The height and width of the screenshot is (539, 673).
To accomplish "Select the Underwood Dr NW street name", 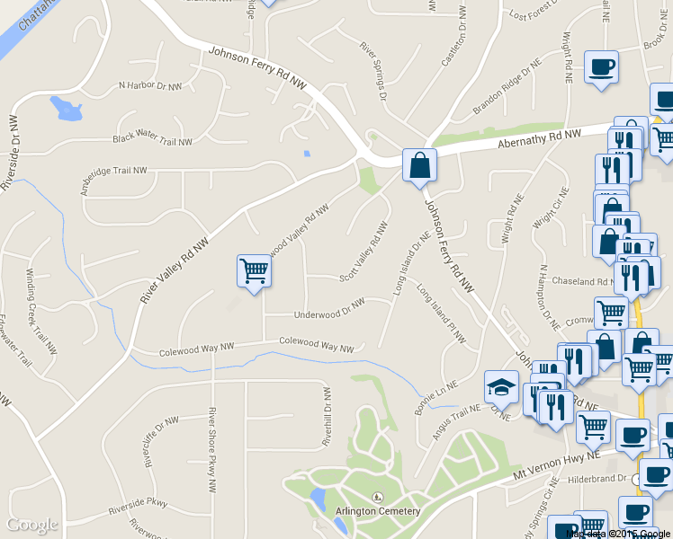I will point(329,309).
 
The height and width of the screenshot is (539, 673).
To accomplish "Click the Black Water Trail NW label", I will point(152,140).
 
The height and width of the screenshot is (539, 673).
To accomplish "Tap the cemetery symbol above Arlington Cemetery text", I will point(377,497).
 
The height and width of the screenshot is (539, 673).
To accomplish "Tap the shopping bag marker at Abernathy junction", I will point(419,164).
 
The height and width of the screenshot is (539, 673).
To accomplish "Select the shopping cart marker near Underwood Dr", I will point(255,269).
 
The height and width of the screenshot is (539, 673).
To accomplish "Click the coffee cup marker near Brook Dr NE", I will point(601,66).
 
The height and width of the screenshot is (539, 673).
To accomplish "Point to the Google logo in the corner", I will point(32,525).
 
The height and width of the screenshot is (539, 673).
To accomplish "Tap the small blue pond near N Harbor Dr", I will point(66,109).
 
